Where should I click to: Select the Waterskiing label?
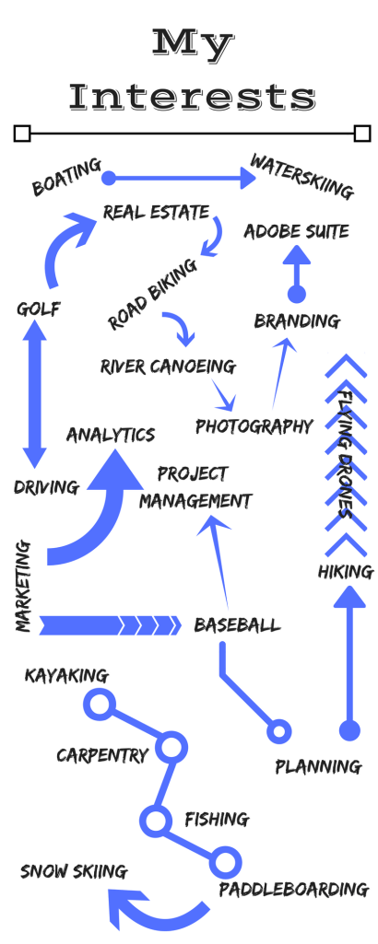[x=301, y=178]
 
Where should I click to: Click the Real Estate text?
[x=157, y=212]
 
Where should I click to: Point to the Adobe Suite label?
[x=296, y=230]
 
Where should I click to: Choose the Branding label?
[x=297, y=320]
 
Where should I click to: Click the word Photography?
[x=254, y=426]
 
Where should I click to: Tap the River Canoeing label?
[x=168, y=367]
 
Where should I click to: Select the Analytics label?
[x=110, y=433]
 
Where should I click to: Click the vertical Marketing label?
[x=24, y=587]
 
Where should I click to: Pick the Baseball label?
[x=237, y=626]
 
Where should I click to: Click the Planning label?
[x=318, y=765]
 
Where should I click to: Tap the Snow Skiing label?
[x=74, y=870]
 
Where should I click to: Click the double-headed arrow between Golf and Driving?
[x=34, y=397]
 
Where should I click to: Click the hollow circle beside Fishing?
[x=155, y=819]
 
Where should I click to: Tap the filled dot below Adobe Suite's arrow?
[x=296, y=294]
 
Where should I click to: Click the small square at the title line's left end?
[x=22, y=134]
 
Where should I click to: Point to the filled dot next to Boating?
[x=109, y=178]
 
